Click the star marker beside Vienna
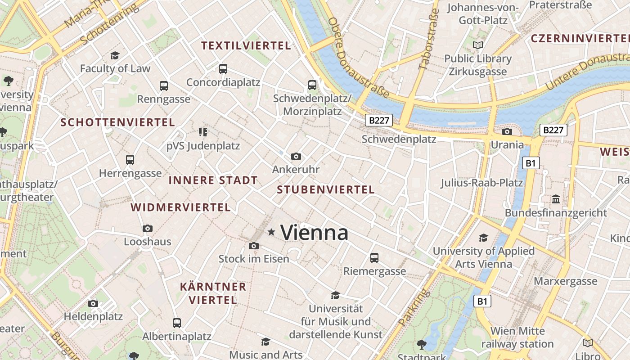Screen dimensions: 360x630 [x=271, y=232]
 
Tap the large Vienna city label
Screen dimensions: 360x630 [x=315, y=233]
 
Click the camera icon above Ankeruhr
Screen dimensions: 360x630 [x=296, y=156]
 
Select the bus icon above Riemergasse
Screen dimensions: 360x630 [x=374, y=258]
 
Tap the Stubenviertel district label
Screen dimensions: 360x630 [x=326, y=190]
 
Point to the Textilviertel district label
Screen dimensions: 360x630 [x=246, y=45]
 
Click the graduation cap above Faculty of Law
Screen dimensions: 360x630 [x=115, y=55]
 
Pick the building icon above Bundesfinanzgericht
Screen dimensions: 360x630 [x=556, y=199]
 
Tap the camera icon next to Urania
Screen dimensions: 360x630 [x=507, y=132]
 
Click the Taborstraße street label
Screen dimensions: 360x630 [x=429, y=39]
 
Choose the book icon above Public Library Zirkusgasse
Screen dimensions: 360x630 [x=478, y=45]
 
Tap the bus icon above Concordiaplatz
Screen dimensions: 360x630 [x=223, y=69]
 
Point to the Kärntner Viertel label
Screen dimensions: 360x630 [x=213, y=293]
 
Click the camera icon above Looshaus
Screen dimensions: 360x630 [x=147, y=229]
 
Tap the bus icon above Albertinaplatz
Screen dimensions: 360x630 [x=177, y=323]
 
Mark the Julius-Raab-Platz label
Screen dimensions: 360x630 [x=481, y=183]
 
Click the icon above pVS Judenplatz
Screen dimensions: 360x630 [x=203, y=132]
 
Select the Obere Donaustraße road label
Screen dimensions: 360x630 [x=358, y=58]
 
